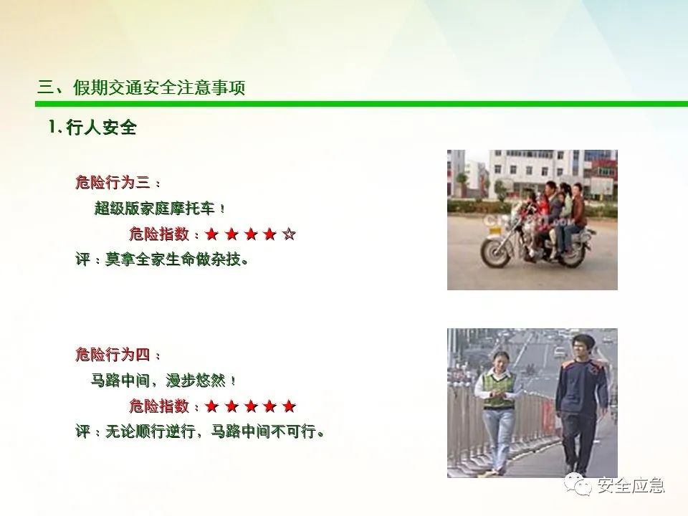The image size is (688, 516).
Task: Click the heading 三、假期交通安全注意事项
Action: [141, 87]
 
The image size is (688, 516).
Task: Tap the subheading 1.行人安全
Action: [92, 128]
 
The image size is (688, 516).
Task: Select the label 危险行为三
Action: [113, 182]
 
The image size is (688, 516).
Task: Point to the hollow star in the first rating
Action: [289, 234]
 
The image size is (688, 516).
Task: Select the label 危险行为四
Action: [113, 354]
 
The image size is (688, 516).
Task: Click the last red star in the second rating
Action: [289, 406]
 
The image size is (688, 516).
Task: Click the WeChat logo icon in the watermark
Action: [578, 484]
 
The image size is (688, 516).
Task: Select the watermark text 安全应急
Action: [631, 485]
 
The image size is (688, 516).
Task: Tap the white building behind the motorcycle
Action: [535, 173]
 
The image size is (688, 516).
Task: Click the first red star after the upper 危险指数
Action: [212, 234]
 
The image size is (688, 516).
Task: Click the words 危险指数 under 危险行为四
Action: [159, 406]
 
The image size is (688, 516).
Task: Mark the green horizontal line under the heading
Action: [361, 104]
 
